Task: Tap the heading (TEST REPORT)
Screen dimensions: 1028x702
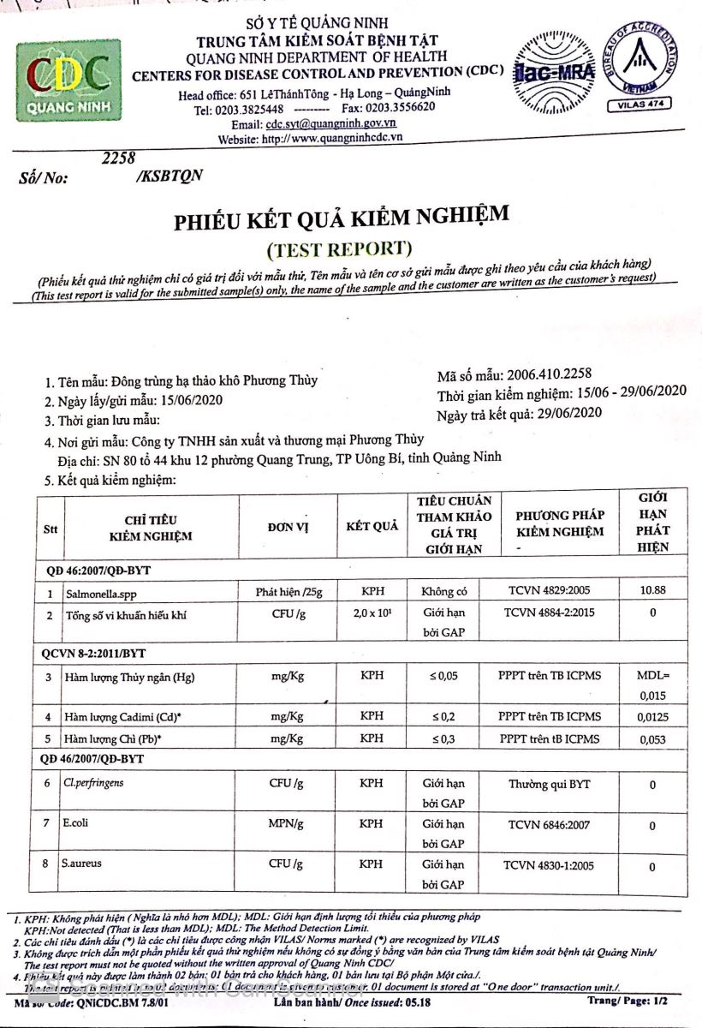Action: [340, 248]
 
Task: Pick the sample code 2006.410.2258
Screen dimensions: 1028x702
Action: [549, 374]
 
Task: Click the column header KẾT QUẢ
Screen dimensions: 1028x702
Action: [372, 526]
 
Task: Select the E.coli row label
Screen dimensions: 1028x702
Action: [75, 824]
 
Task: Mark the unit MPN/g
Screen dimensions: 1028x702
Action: [286, 824]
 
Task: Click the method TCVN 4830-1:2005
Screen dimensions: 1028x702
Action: [549, 865]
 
